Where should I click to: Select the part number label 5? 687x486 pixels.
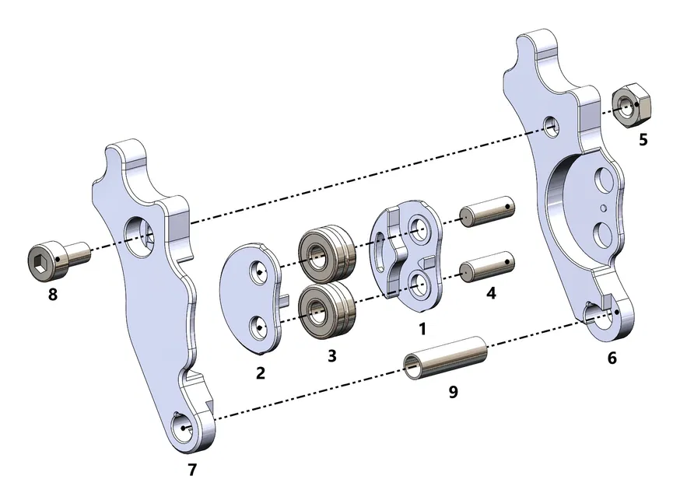point(642,142)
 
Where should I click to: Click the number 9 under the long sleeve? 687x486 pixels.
point(452,391)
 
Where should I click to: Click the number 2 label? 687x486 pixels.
point(260,372)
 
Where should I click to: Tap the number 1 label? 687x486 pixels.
point(422,328)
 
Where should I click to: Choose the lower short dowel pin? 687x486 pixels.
point(487,267)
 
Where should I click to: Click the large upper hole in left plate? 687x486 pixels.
point(143,234)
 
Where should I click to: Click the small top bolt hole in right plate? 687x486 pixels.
point(552,125)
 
